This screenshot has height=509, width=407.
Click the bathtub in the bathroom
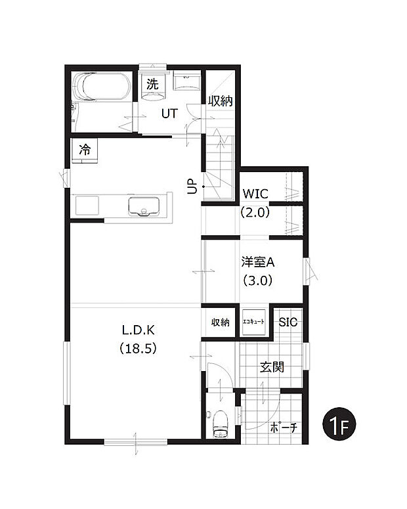tap(102, 87)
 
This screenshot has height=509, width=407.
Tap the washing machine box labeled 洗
tap(152, 85)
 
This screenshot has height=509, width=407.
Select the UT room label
tap(170, 113)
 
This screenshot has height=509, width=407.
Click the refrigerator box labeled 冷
tap(85, 149)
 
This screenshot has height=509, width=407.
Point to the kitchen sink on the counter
tap(144, 206)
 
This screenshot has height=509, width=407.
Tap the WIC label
tap(255, 194)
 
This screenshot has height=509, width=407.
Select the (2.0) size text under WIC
tap(255, 212)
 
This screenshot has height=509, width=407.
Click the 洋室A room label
tap(257, 262)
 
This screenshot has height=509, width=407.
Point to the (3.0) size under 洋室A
tap(257, 280)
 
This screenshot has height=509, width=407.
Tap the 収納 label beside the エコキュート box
tap(221, 322)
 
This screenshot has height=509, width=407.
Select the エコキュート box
tap(253, 322)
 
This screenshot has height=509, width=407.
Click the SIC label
tap(288, 322)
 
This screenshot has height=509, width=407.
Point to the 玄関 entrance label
tap(272, 367)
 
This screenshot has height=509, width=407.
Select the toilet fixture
tap(219, 422)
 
